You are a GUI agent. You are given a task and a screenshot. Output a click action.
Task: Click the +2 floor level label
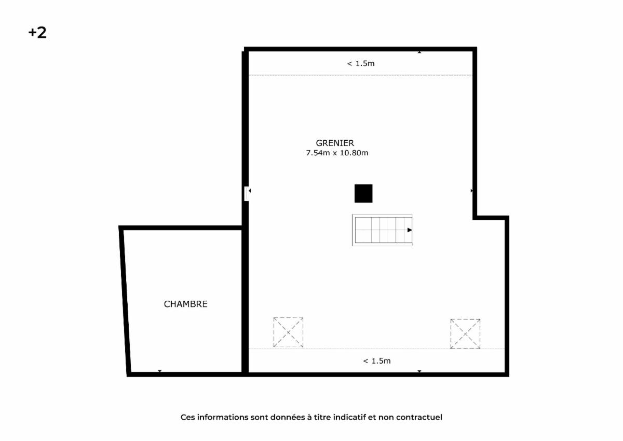point(37,33)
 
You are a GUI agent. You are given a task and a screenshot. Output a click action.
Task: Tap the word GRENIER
point(335,143)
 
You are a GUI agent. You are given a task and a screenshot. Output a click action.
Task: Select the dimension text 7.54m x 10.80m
point(337,153)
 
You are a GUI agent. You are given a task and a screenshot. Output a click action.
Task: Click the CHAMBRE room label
point(185,304)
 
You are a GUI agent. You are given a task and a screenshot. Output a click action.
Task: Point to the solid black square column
point(363,193)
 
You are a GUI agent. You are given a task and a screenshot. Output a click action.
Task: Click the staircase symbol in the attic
point(382,230)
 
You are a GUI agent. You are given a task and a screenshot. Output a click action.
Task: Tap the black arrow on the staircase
point(410,230)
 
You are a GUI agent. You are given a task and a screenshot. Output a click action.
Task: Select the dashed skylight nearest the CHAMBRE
point(288,332)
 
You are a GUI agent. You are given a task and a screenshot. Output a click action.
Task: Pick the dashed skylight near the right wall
point(465,333)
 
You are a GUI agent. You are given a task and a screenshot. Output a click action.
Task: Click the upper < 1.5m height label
point(361,64)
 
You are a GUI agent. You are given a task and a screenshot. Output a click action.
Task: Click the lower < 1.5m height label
point(377,361)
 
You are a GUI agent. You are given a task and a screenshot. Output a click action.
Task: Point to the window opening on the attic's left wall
point(247,194)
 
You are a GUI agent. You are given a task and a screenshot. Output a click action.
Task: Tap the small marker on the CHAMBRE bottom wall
point(160,371)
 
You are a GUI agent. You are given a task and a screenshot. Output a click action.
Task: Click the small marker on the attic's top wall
point(419,52)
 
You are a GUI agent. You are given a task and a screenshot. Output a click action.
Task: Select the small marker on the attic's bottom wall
point(419,371)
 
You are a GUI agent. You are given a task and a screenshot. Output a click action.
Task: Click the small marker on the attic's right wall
point(472,191)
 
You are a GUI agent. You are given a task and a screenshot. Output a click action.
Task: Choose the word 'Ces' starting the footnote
point(188,417)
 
